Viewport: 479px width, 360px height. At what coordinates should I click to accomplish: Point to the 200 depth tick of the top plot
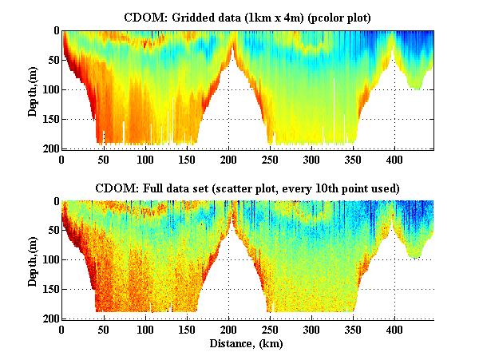(49, 148)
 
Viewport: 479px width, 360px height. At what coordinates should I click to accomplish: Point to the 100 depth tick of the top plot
(49, 89)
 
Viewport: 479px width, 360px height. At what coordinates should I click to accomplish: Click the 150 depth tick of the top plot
(49, 119)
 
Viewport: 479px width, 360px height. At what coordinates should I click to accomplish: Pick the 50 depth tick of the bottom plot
(52, 231)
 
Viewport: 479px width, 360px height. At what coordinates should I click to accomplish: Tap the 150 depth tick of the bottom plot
(49, 290)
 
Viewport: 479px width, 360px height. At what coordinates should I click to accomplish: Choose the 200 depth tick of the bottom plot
(49, 319)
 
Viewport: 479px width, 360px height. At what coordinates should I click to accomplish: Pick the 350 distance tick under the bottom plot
(278, 330)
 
